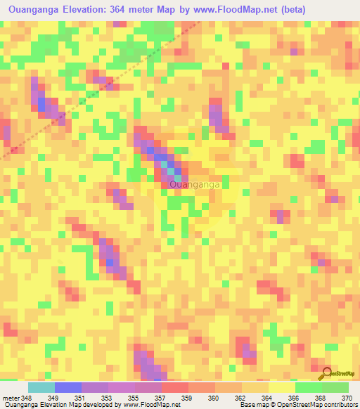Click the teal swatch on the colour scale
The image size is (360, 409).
[x=41, y=387]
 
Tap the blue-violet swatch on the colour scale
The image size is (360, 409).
[x=67, y=387]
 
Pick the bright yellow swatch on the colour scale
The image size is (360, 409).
[x=281, y=387]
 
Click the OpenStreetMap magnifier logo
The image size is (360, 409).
[x=326, y=372]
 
